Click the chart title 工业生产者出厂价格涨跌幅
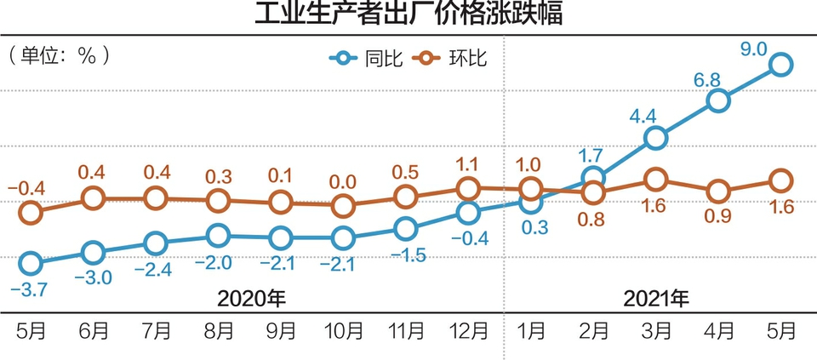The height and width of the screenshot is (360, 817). [408, 14]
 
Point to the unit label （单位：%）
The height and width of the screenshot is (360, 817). [60, 55]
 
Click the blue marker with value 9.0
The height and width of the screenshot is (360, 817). [781, 65]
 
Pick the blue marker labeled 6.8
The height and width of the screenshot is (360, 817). [718, 100]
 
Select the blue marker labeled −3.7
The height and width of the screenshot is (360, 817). [30, 264]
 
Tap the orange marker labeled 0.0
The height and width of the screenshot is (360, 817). [343, 206]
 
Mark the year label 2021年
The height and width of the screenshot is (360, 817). [656, 299]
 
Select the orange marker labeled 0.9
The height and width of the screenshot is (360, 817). [718, 191]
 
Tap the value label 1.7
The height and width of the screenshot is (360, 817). [592, 156]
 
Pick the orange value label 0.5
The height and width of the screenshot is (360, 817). [406, 173]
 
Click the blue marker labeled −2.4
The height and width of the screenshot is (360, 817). [155, 243]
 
